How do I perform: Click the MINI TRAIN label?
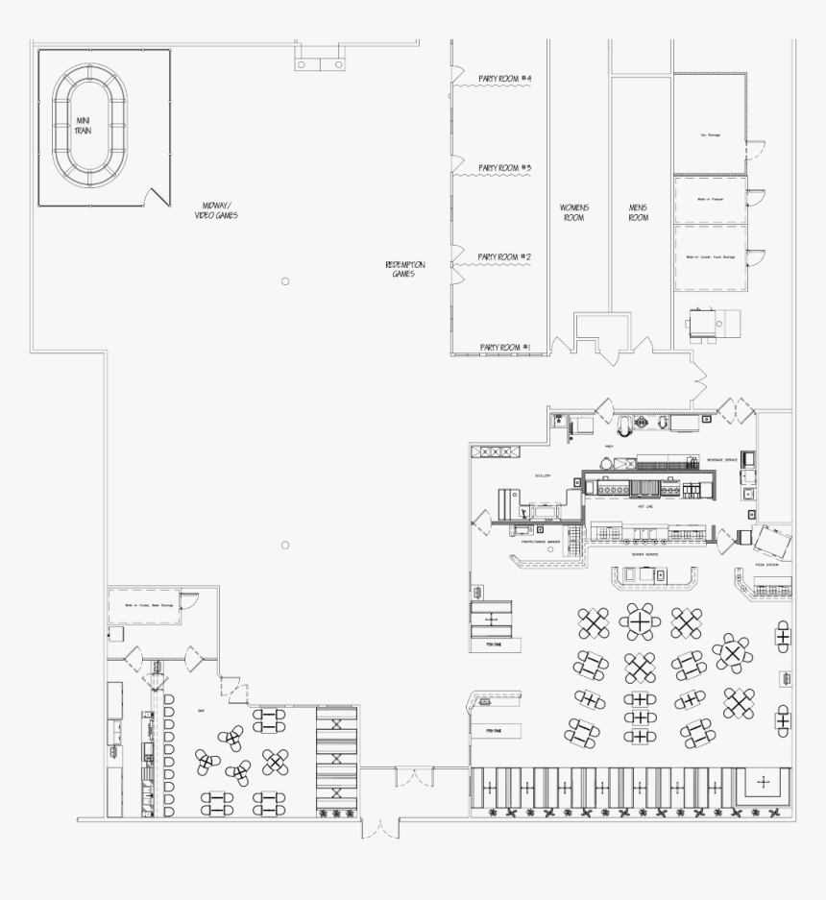(84, 125)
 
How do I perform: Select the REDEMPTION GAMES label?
(404, 269)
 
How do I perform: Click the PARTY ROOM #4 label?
(505, 79)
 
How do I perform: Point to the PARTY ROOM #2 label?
(505, 257)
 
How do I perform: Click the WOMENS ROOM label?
(575, 212)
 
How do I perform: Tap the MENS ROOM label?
(639, 212)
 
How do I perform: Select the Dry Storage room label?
(710, 135)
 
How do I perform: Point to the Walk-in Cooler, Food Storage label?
(710, 257)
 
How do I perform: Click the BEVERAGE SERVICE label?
(722, 460)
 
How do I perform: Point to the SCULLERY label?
(543, 475)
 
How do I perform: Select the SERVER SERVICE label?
(644, 554)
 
